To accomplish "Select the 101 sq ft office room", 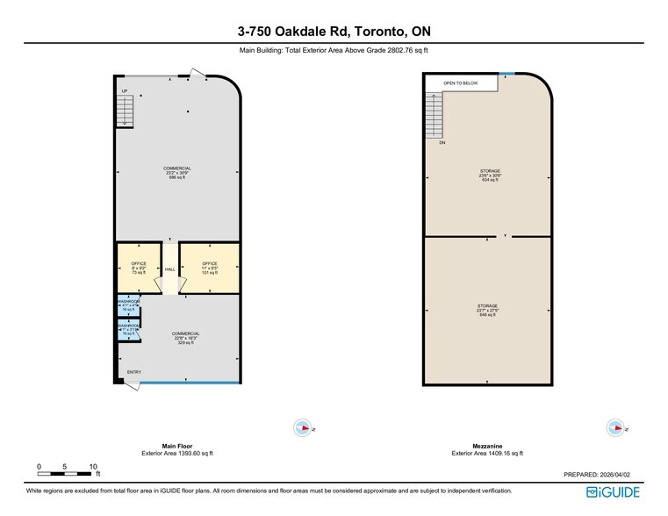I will coord(210,268).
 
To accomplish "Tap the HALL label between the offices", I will coord(169,269).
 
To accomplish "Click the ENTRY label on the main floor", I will coord(133,372).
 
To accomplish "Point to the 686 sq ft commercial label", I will coord(176,173).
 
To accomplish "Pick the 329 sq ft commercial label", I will coord(185,338).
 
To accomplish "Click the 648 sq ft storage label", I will coord(488,310).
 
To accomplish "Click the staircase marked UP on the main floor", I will coord(126,110).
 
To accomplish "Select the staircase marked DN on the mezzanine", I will coord(435,117).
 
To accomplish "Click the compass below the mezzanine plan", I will coord(614,427).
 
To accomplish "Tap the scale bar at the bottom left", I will coord(66,468).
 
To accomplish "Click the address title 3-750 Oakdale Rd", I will coord(334,32).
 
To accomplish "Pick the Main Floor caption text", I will coord(176,446).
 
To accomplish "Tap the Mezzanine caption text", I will coord(487,446).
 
